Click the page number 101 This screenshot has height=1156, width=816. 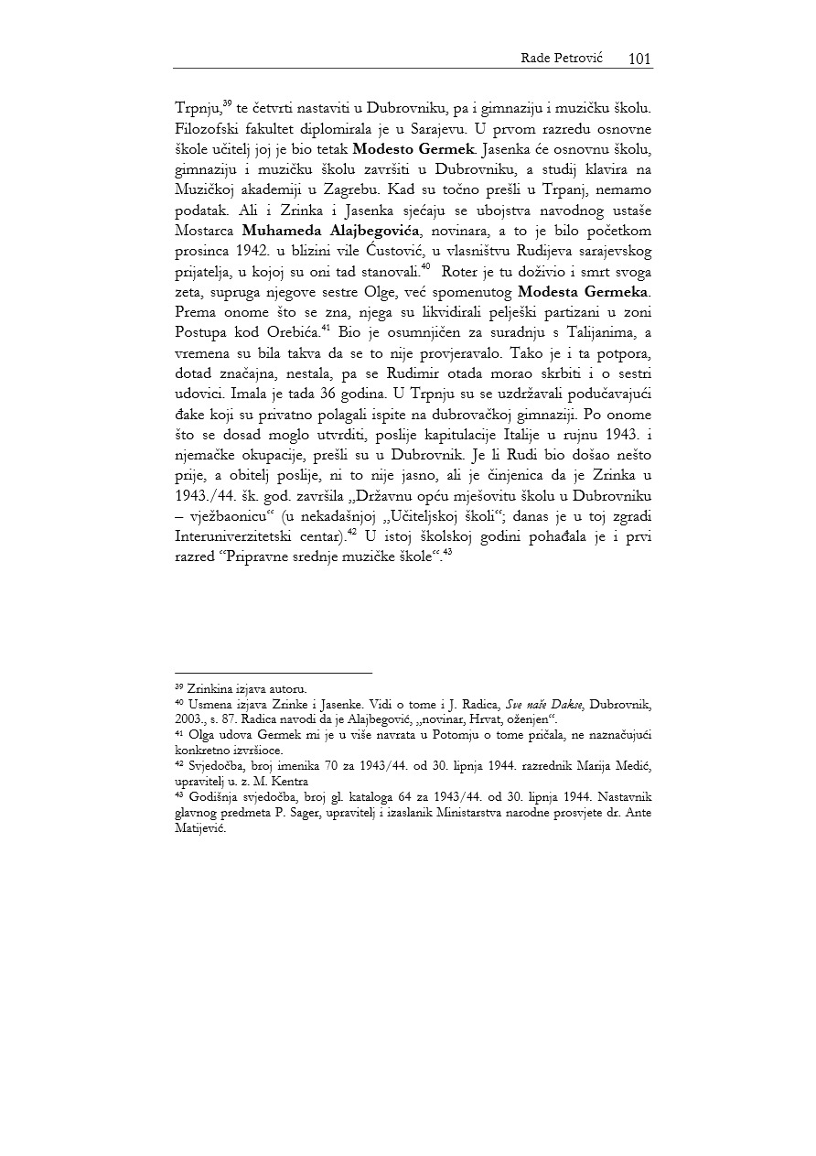point(639,59)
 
